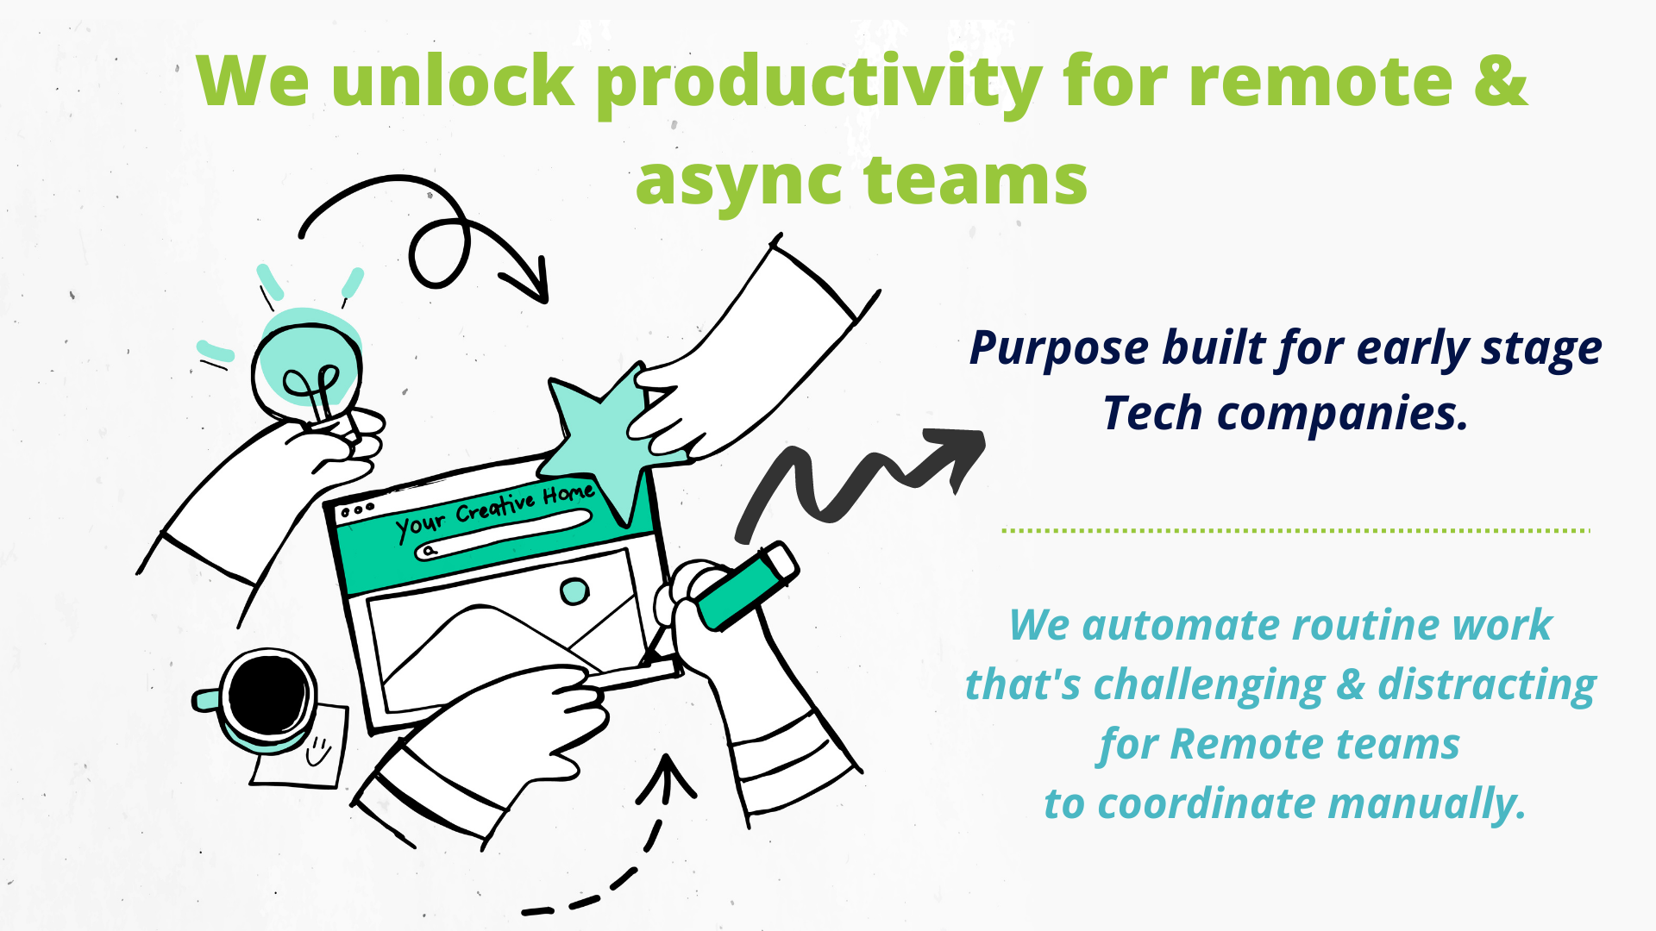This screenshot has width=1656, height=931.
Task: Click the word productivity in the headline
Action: (819, 83)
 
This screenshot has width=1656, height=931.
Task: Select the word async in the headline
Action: (738, 181)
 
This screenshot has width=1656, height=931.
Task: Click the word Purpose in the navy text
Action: (1058, 349)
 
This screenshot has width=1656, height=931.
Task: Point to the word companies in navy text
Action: (1342, 414)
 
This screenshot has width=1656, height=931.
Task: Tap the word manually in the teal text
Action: (1427, 804)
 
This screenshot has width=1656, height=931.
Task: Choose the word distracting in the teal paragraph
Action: (1487, 685)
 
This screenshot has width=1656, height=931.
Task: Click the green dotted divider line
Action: (1294, 531)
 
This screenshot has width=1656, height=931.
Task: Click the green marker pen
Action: (747, 585)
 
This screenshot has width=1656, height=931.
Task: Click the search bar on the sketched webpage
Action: (505, 534)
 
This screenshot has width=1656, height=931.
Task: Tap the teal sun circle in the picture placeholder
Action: (574, 591)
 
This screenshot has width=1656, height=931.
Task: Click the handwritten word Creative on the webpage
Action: (495, 507)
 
